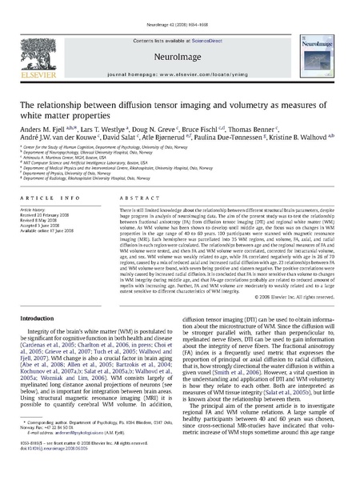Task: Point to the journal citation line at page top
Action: [x=180, y=5]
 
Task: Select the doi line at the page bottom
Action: [x=56, y=467]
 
